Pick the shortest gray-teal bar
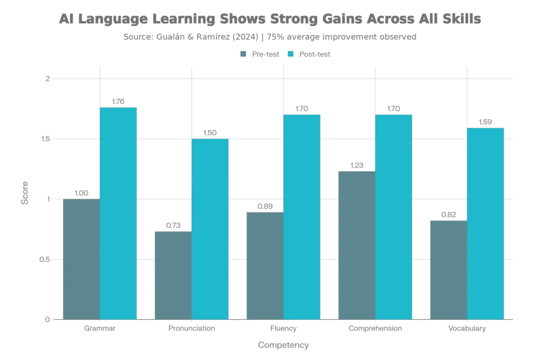coord(172,274)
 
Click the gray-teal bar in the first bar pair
coord(81,259)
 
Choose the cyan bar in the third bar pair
coord(302,217)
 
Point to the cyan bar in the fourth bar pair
coord(394,217)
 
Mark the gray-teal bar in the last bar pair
coord(448,269)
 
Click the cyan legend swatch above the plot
coord(291,54)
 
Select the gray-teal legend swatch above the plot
coord(242,54)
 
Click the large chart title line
coord(270,21)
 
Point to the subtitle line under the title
coord(270,37)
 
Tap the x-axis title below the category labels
coord(284,345)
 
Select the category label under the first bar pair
coord(99,329)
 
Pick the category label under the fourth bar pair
coord(375,329)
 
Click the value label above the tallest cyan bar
coord(119,101)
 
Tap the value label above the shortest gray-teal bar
coord(172,223)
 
